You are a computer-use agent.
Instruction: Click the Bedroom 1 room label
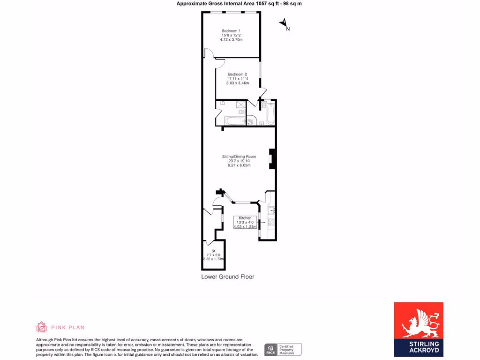231,31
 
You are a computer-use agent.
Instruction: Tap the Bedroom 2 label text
237,75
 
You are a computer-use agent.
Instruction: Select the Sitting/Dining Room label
239,157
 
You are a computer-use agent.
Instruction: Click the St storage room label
213,251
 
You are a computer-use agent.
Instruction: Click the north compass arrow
284,23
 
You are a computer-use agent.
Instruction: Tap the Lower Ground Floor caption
227,277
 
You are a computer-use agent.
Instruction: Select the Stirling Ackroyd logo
418,329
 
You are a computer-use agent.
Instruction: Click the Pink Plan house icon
42,327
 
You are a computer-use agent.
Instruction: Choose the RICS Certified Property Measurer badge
283,350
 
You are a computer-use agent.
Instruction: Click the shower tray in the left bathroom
240,105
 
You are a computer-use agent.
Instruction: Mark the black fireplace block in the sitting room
271,158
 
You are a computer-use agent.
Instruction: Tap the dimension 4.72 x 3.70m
231,40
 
